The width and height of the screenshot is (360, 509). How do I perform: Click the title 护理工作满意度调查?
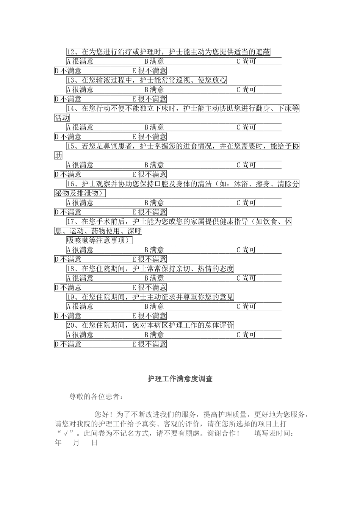[x=180, y=379]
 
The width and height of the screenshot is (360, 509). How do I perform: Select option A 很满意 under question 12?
[x=80, y=61]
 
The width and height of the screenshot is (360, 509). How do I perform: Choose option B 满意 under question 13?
[x=154, y=90]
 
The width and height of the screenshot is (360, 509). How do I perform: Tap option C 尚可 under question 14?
[x=246, y=127]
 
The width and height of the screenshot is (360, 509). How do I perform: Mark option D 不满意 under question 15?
[x=68, y=175]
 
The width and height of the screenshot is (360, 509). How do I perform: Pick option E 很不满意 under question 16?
[x=149, y=212]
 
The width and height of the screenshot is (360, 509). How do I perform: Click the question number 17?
[x=71, y=222]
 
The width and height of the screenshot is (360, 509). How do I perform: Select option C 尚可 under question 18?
[x=246, y=278]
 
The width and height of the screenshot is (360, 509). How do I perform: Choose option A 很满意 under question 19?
[x=80, y=306]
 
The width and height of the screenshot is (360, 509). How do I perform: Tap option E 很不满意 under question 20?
[x=149, y=344]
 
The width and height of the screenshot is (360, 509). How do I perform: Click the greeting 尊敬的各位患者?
[x=96, y=397]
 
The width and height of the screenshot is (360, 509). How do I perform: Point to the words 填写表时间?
[x=274, y=434]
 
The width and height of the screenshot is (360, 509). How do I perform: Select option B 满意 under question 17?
[x=154, y=250]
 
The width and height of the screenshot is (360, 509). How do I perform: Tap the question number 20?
[x=71, y=325]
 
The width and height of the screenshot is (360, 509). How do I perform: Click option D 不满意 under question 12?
[x=68, y=71]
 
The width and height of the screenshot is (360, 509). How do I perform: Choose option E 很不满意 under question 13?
[x=149, y=99]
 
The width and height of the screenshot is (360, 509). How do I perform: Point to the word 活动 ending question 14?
[x=62, y=118]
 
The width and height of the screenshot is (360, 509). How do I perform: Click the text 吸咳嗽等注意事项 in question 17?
[x=99, y=240]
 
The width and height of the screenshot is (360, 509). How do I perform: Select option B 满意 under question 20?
[x=154, y=335]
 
